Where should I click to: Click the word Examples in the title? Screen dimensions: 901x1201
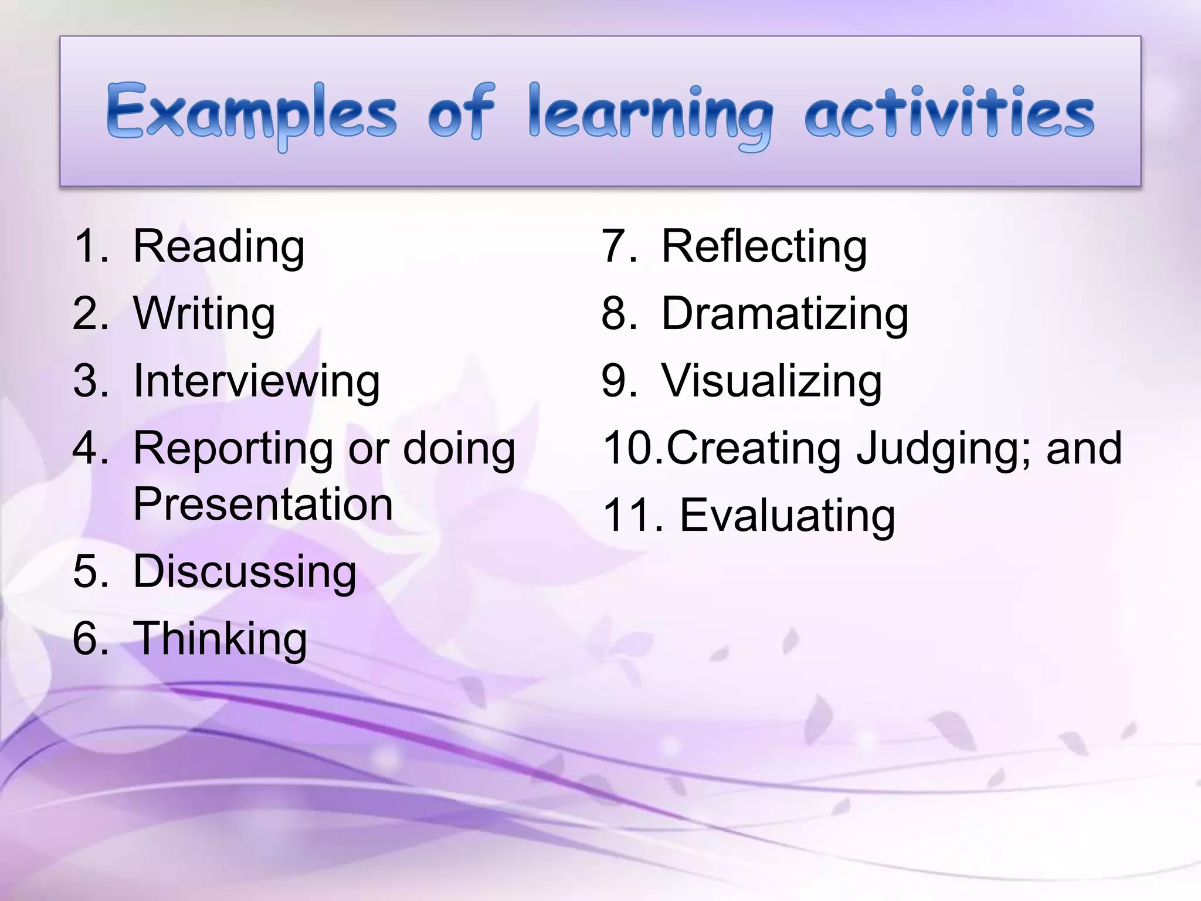coord(251,113)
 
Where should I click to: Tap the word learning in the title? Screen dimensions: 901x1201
coord(650,114)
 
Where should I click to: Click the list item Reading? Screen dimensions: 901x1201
coord(218,247)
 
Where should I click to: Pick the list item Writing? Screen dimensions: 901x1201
coord(203,314)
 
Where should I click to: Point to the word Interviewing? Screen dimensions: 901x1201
coord(256,382)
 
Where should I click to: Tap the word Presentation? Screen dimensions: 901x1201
coord(263,504)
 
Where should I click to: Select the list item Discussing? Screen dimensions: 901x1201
coord(245,572)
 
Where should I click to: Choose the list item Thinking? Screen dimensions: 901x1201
coord(220,639)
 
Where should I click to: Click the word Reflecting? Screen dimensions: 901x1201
coord(764,247)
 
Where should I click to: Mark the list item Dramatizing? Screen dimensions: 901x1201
coord(785,314)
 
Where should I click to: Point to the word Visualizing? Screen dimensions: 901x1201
coord(771,382)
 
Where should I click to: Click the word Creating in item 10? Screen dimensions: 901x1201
coord(754,449)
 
